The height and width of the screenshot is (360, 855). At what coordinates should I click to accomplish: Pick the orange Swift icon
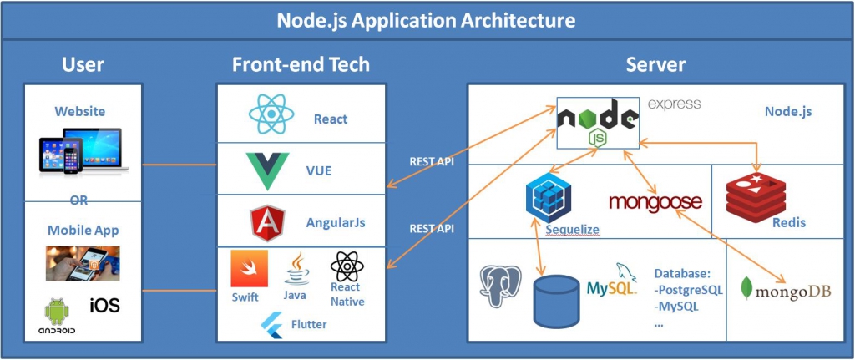[x=249, y=269]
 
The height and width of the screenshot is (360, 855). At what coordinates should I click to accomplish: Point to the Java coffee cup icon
[x=295, y=269]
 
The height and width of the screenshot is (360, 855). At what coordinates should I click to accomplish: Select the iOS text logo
[x=104, y=305]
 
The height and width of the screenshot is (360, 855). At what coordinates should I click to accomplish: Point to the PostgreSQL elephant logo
[x=500, y=286]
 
